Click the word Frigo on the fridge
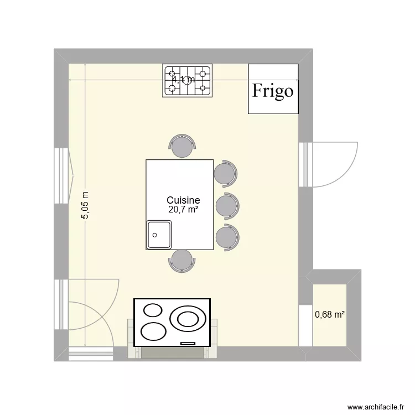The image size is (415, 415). point(273,90)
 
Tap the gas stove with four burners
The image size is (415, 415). point(188,81)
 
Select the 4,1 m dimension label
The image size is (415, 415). point(183,80)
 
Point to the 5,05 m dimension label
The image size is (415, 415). point(85,205)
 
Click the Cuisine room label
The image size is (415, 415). point(183,200)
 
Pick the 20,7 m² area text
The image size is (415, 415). point(183,209)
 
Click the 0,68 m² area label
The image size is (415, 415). point(330,315)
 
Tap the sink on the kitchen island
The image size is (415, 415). point(159,235)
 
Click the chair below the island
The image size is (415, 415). point(182,260)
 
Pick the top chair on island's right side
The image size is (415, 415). point(226,173)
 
